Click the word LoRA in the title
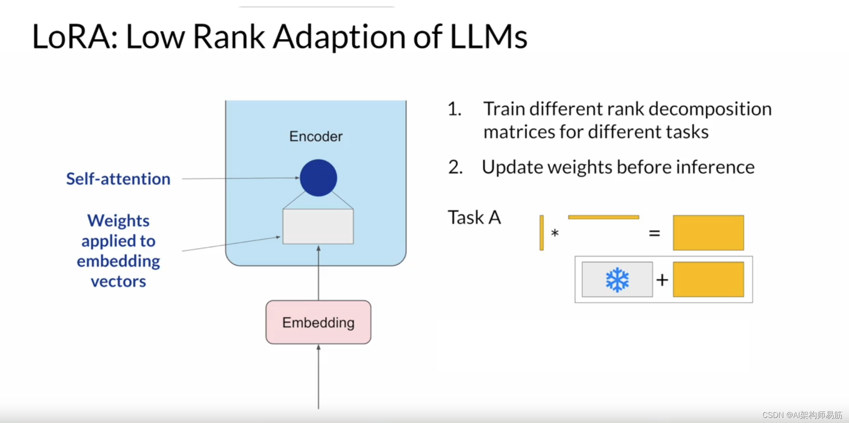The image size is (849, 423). point(72,37)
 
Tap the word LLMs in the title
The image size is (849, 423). point(488,37)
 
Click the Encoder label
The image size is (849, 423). point(316,136)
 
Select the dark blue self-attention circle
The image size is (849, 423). point(318,178)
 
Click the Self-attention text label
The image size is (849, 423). point(118,179)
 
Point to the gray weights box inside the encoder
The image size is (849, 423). point(318,226)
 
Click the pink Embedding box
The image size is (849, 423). point(318,322)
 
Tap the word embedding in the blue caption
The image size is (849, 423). point(118,261)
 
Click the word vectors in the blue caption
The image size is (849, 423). point(118,281)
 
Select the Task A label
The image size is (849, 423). point(474,217)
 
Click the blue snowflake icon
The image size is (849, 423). point(617,280)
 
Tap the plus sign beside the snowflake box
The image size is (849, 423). point(662,280)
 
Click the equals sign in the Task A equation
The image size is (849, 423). point(654,233)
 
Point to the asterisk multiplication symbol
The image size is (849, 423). point(554,233)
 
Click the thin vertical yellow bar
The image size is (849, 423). point(542,233)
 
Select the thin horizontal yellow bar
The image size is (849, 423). point(604,217)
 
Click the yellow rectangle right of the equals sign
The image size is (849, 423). point(708,233)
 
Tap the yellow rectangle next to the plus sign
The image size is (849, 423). point(708,279)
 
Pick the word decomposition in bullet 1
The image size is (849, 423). point(710,109)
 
